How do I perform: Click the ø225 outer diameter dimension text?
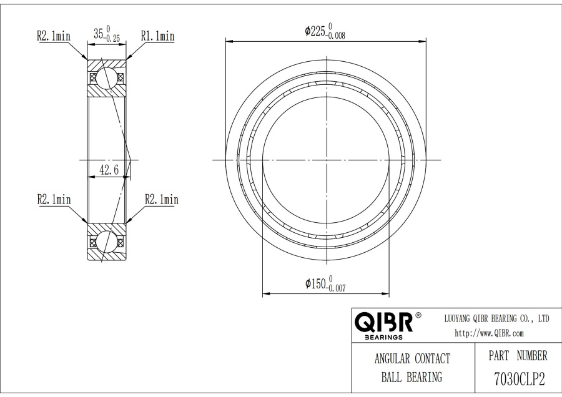pos(325,31)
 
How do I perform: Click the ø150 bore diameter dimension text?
pos(325,283)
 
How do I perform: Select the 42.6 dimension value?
pos(109,170)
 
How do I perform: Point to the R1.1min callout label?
pos(158,36)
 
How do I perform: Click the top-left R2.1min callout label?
pos(54,36)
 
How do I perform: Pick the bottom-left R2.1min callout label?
pos(54,199)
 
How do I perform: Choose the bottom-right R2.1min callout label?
pos(162,199)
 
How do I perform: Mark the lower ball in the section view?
pos(107,242)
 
